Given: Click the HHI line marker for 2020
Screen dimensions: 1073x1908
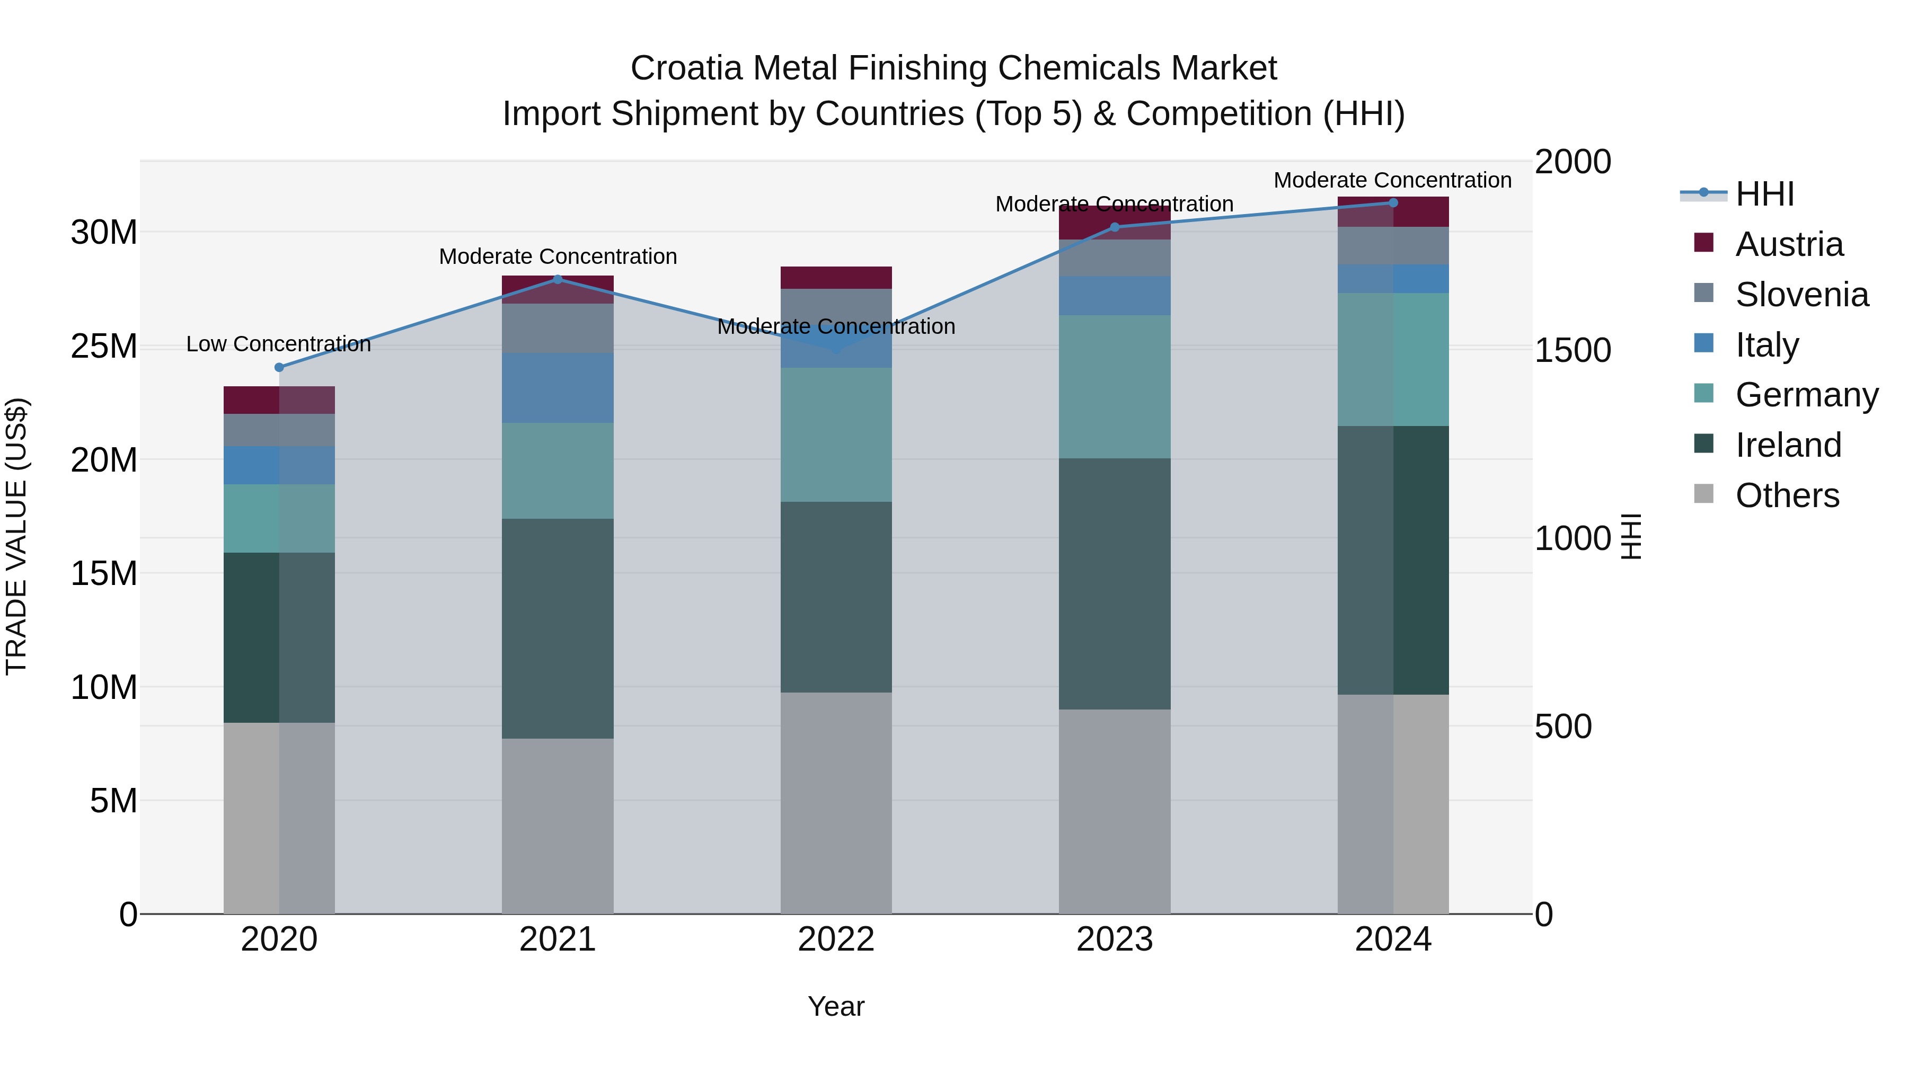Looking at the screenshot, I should point(279,367).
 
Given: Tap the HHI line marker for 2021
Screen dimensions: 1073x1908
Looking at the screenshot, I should point(558,279).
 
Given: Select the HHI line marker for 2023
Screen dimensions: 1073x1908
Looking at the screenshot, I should point(1115,227).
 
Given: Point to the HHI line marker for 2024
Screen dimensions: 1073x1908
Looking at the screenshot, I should point(1393,203).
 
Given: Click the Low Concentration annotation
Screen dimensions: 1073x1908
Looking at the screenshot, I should point(278,344).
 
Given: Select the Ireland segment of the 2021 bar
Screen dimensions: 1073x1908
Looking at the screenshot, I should point(558,628).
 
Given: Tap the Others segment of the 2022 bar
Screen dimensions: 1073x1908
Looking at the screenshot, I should point(836,803).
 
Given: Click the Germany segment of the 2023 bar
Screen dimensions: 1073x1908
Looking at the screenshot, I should point(1115,387).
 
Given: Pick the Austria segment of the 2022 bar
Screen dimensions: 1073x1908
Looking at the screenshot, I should point(836,278).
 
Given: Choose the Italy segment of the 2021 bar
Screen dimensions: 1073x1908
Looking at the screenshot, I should point(558,388).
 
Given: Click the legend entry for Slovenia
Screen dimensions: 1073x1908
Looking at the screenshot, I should point(1801,295).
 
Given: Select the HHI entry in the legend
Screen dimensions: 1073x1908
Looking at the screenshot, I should point(1764,194).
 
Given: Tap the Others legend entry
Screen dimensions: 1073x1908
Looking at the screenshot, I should point(1787,495).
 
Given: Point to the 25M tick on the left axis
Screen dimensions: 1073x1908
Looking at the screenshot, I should point(104,347).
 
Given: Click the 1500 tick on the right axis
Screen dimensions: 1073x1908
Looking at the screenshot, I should point(1573,350).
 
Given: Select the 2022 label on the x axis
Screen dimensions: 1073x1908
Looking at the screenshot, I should point(836,939).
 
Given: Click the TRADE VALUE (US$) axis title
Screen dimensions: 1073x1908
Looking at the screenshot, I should point(16,536).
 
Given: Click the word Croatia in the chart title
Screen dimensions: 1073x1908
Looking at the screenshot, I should point(686,68).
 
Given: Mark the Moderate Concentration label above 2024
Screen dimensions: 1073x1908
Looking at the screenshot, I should point(1392,180).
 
